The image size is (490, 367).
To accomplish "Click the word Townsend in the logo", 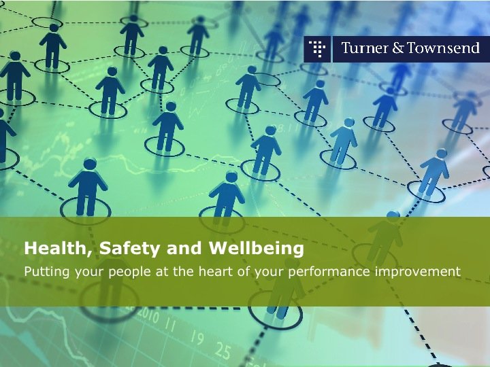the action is (x=443, y=48).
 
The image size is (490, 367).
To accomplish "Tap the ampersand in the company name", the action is (x=397, y=48).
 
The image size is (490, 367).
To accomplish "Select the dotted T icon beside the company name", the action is (x=317, y=49).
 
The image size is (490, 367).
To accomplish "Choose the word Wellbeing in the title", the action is (x=257, y=249).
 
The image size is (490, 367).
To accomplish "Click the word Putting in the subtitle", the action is (x=47, y=272).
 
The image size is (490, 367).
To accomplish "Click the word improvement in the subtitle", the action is (x=417, y=272).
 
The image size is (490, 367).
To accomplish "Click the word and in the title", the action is (x=184, y=249).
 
